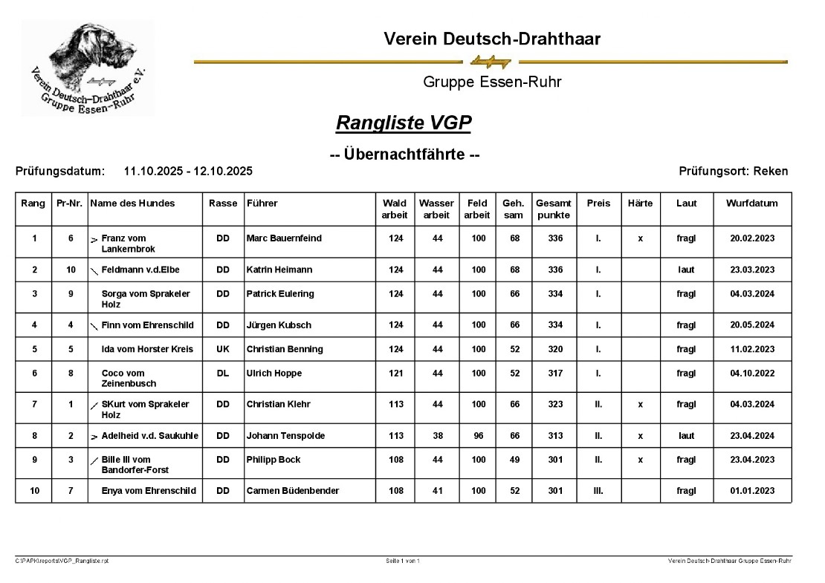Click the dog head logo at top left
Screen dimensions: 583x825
coord(87,68)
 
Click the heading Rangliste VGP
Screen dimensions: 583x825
coord(404,123)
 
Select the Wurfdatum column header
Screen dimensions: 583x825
coord(752,203)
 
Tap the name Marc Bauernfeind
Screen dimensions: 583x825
coord(284,238)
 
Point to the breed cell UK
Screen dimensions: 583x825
coord(223,349)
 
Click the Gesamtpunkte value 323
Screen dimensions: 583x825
coord(554,404)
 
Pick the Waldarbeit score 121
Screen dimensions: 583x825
coord(395,374)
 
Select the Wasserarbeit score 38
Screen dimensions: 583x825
coord(437,436)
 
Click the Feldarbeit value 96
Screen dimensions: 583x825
coord(478,436)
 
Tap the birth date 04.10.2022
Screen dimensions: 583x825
coord(752,374)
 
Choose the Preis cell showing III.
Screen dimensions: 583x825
coord(598,491)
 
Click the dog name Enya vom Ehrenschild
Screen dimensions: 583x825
coord(149,491)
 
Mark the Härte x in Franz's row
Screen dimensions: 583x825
coord(640,238)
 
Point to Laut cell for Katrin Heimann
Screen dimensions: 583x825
coord(686,270)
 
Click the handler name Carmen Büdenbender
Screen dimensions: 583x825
coord(293,491)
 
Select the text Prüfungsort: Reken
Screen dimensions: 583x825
coord(733,172)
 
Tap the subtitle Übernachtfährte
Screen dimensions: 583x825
coord(404,155)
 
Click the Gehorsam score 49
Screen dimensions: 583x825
coord(513,460)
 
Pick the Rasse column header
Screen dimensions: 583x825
coord(223,203)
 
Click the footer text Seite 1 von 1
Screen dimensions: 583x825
coord(402,561)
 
